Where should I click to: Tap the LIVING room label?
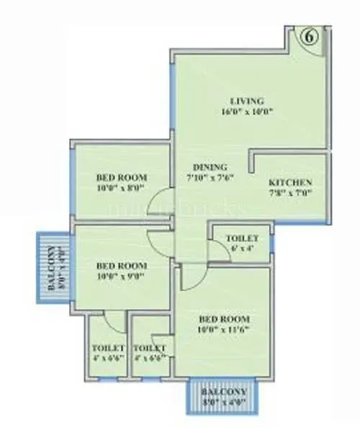pos(247,100)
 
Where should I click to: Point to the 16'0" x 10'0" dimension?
pos(247,112)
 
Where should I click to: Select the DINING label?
pos(194,167)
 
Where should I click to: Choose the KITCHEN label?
pos(289,182)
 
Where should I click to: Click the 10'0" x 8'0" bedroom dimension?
pos(122,189)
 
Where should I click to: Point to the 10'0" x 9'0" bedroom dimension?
pos(122,275)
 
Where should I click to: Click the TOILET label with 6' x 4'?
pos(238,238)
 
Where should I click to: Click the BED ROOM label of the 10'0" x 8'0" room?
pos(122,177)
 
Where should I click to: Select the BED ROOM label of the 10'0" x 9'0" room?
pos(122,264)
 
